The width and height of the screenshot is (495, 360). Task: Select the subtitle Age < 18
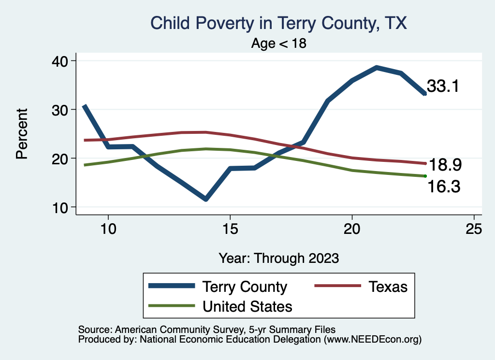point(279,43)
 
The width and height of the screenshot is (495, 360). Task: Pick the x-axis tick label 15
point(230,229)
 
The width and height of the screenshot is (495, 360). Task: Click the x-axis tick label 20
point(352,229)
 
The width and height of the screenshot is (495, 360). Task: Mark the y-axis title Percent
point(22,134)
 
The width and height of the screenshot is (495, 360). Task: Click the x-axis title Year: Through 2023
point(278,258)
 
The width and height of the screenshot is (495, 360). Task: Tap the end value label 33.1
point(442,86)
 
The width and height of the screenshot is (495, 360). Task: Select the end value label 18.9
point(445,165)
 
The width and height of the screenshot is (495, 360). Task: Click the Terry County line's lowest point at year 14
point(206,199)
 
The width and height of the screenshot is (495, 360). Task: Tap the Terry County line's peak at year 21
point(377,68)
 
